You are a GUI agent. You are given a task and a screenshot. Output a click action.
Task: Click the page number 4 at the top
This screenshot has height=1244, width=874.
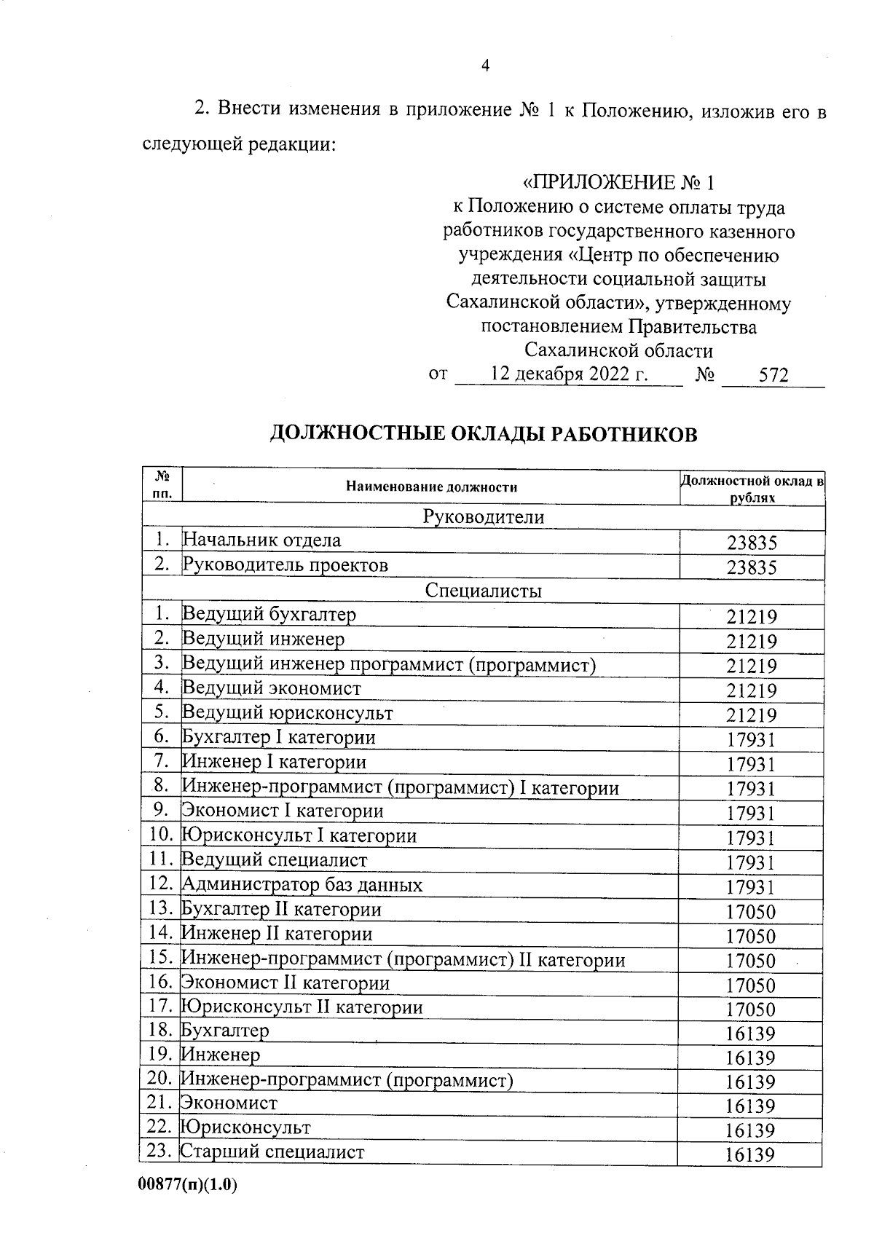point(485,66)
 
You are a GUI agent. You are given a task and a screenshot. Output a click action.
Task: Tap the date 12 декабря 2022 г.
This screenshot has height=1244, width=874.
point(570,374)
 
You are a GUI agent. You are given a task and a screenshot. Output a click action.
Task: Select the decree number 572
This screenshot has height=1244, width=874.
point(773,376)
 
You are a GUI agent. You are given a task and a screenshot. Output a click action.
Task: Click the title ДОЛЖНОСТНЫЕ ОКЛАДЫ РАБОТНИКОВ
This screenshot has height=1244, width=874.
point(484,435)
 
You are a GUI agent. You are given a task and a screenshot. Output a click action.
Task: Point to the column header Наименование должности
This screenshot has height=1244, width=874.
point(431,487)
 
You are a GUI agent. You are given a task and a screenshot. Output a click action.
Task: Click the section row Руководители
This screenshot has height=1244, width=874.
point(484,517)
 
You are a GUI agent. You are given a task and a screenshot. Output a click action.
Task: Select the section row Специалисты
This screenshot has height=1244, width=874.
point(484,591)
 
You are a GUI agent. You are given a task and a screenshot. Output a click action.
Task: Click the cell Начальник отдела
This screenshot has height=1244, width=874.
point(261,540)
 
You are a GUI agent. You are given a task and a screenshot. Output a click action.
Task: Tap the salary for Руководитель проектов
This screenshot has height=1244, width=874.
point(752,567)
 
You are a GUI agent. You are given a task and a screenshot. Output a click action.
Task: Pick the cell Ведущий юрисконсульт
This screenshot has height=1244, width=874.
point(287,713)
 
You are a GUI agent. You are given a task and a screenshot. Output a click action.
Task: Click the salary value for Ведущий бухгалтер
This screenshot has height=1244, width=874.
point(752,617)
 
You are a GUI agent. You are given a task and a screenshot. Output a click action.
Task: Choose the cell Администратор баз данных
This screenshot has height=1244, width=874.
point(302,885)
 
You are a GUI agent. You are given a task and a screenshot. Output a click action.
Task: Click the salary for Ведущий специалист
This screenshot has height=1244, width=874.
point(751,862)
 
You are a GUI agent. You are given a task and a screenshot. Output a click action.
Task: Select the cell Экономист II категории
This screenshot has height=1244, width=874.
point(285,983)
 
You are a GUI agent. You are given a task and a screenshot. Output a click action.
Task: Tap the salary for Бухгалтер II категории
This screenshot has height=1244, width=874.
point(751,911)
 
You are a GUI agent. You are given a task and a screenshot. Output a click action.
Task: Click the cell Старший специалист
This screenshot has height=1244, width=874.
point(272,1152)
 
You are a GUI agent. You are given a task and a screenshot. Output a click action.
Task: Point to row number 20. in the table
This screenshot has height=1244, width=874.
point(160,1079)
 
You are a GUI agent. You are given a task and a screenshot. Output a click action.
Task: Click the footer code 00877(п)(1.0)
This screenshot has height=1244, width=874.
point(188,1185)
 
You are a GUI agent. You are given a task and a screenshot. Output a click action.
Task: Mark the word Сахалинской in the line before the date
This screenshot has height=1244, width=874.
point(571,350)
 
